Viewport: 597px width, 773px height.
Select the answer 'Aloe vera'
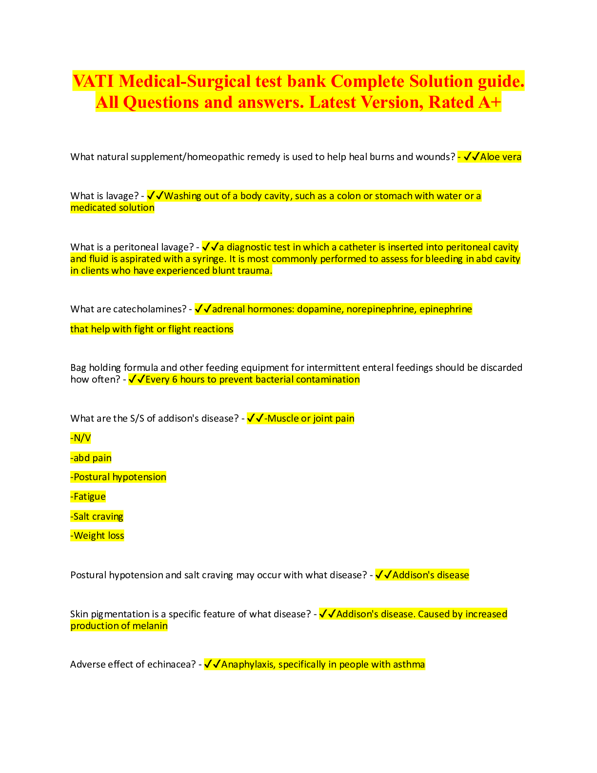coord(500,157)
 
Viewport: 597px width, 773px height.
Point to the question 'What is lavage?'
coord(104,196)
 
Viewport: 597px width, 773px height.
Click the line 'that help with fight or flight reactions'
coord(152,329)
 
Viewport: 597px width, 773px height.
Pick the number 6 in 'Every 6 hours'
coord(175,380)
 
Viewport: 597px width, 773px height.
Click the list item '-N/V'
coord(80,438)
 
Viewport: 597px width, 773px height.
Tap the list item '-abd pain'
coord(91,458)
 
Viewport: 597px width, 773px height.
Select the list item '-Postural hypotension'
coord(118,477)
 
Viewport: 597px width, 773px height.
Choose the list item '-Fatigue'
coord(88,497)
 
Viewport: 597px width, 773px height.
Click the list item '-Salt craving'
coord(97,517)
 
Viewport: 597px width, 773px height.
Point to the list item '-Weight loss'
coord(97,536)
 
